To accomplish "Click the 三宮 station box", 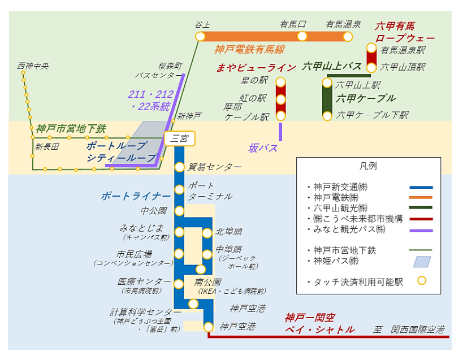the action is click(x=179, y=138).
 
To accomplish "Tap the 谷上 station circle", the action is click(x=200, y=37).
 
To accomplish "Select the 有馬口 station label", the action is click(x=293, y=24).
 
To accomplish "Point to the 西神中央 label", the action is click(x=33, y=66).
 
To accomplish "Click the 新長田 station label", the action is click(x=47, y=147).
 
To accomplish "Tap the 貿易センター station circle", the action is click(x=179, y=167).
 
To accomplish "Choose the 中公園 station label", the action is click(x=154, y=211).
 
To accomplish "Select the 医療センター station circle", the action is click(x=179, y=281).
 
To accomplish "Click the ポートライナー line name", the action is click(x=136, y=196).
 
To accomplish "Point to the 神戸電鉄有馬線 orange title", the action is click(x=249, y=50).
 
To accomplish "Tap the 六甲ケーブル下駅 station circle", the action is click(x=327, y=116).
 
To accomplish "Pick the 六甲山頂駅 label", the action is click(x=403, y=67).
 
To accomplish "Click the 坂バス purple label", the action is click(x=263, y=148).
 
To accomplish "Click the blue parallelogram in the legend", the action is click(x=422, y=262).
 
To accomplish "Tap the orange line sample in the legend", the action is click(x=421, y=197).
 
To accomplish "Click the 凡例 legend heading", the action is click(x=368, y=166).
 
